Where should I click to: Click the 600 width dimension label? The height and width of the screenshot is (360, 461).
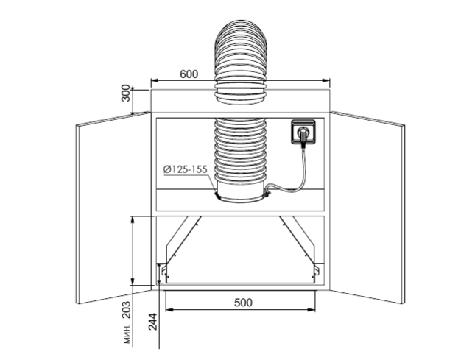tap(189, 74)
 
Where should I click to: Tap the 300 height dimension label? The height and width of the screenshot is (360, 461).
tap(125, 93)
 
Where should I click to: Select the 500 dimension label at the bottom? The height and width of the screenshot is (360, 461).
tap(243, 303)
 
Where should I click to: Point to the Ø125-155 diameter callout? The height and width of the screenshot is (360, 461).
tap(186, 169)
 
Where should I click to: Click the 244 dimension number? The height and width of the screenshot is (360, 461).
tap(152, 322)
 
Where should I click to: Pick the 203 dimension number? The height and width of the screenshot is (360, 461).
tap(127, 310)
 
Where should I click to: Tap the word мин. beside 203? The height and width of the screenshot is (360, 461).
tap(127, 334)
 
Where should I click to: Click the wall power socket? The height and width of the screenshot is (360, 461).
tap(303, 132)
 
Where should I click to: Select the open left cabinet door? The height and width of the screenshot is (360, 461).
tap(113, 208)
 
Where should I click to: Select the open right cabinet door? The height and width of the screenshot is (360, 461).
tap(367, 208)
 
